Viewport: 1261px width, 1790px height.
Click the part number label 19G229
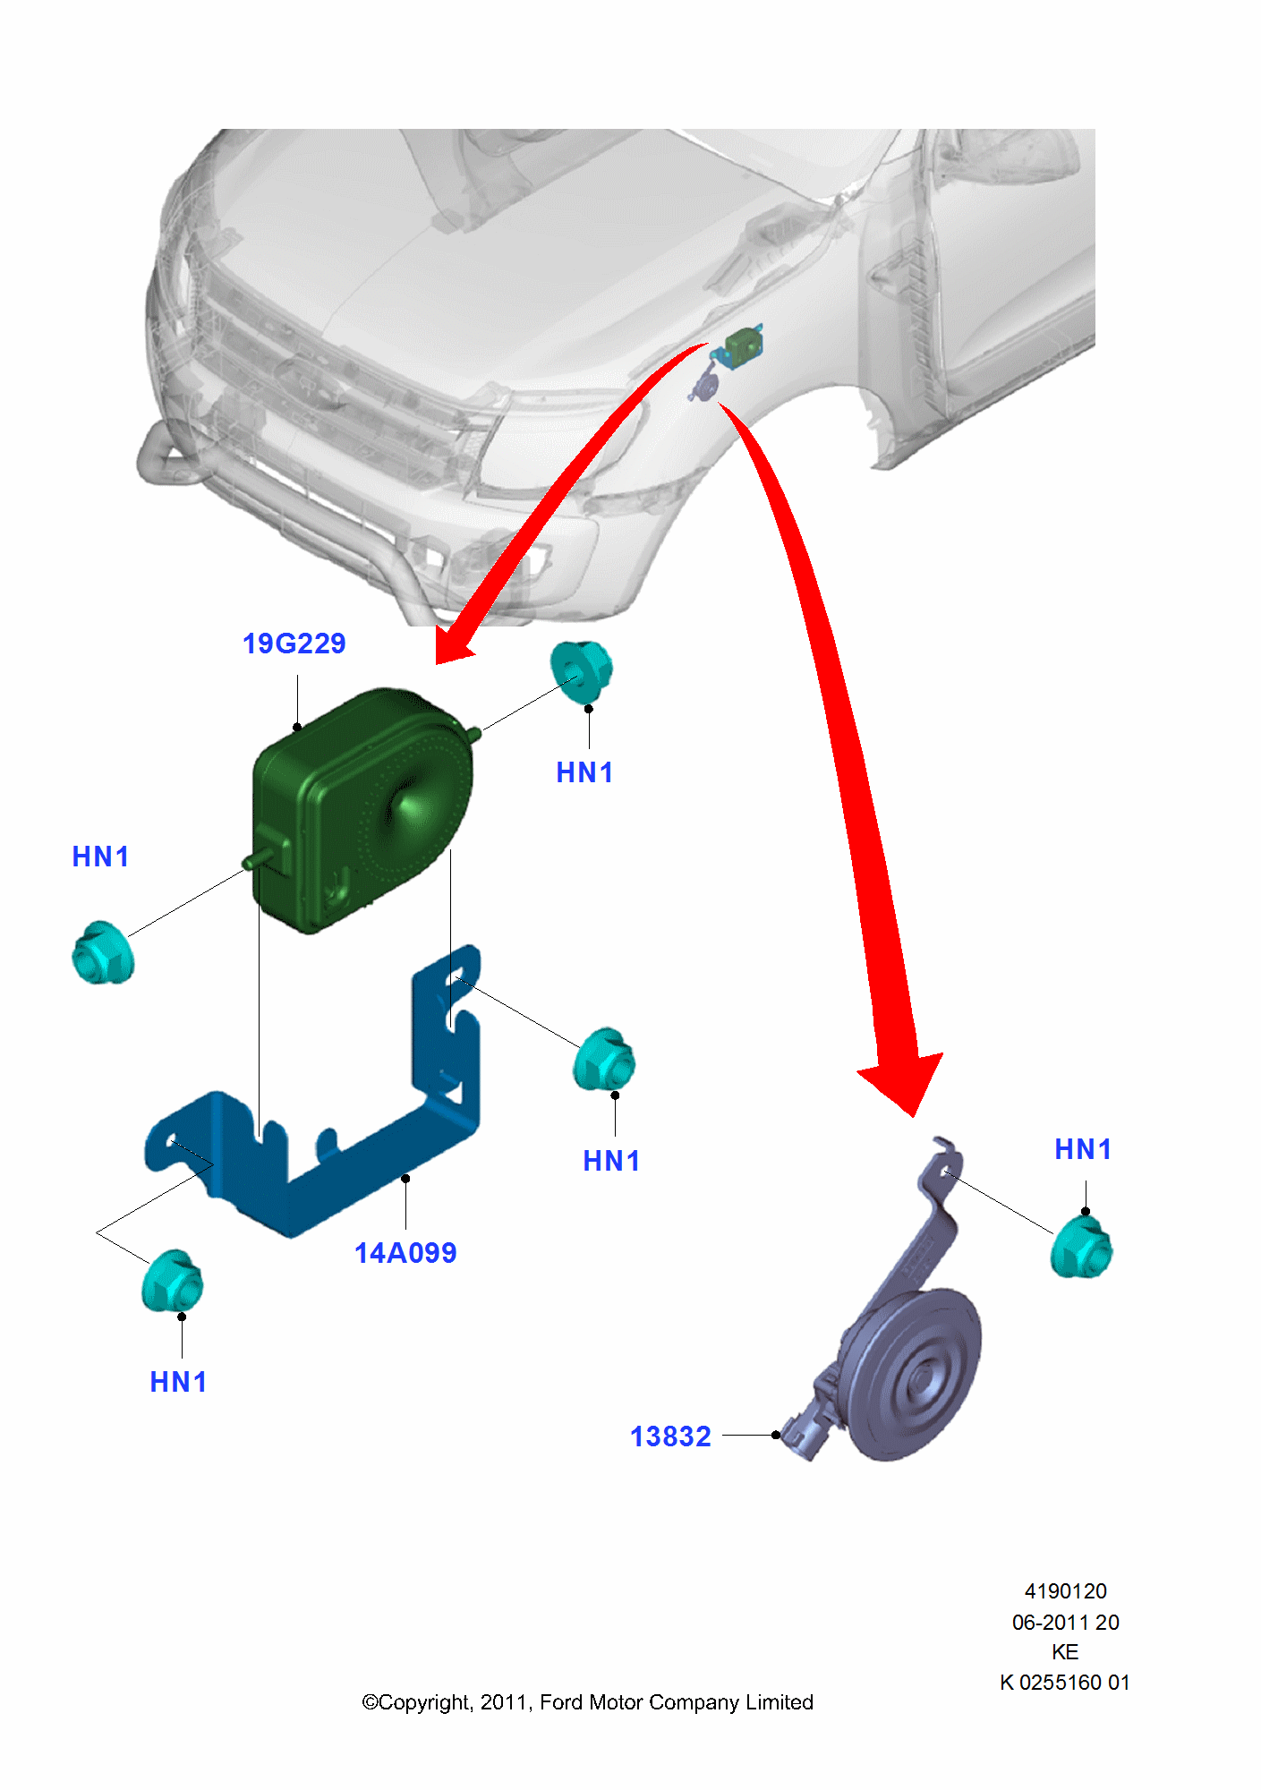click(x=294, y=644)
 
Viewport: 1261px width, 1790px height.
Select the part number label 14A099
click(x=405, y=1253)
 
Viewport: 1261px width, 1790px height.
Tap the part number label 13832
click(x=670, y=1436)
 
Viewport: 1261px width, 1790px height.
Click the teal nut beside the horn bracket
click(x=1081, y=1247)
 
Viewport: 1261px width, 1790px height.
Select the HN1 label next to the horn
click(x=1083, y=1149)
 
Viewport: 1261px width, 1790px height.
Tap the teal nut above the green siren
click(x=581, y=671)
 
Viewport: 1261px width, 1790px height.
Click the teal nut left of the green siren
click(x=103, y=953)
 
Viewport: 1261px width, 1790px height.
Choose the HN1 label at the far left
click(x=100, y=857)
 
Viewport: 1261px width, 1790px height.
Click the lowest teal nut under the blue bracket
click(x=173, y=1282)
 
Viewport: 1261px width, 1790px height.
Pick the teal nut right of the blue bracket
click(x=604, y=1060)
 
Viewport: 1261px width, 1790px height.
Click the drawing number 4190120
click(x=1065, y=1591)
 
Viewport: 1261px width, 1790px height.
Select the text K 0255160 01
click(x=1065, y=1683)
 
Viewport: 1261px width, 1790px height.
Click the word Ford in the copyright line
click(x=560, y=1702)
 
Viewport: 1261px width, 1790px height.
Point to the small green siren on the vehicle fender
click(x=742, y=344)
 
